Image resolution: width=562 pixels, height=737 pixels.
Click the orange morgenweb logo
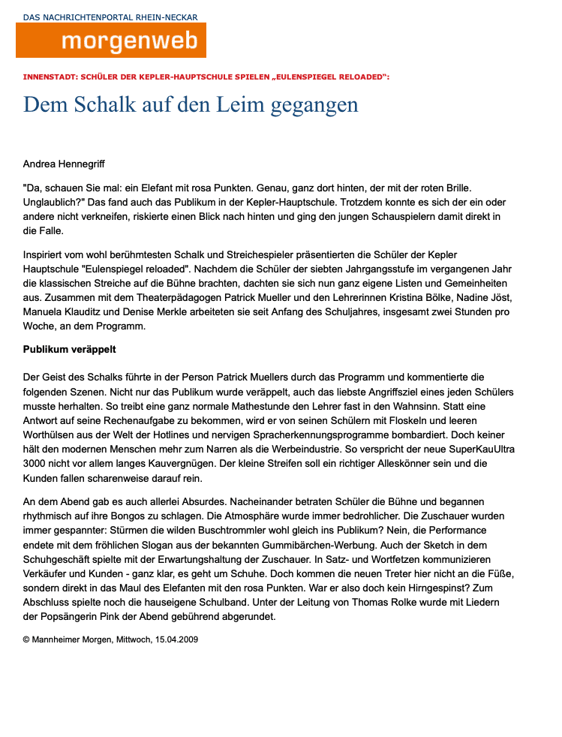click(111, 41)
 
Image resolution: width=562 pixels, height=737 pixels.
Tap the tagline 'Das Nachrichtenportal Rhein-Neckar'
click(110, 17)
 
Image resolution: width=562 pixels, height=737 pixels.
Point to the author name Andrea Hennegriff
click(70, 163)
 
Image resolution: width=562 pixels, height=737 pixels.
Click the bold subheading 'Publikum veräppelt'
click(69, 350)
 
